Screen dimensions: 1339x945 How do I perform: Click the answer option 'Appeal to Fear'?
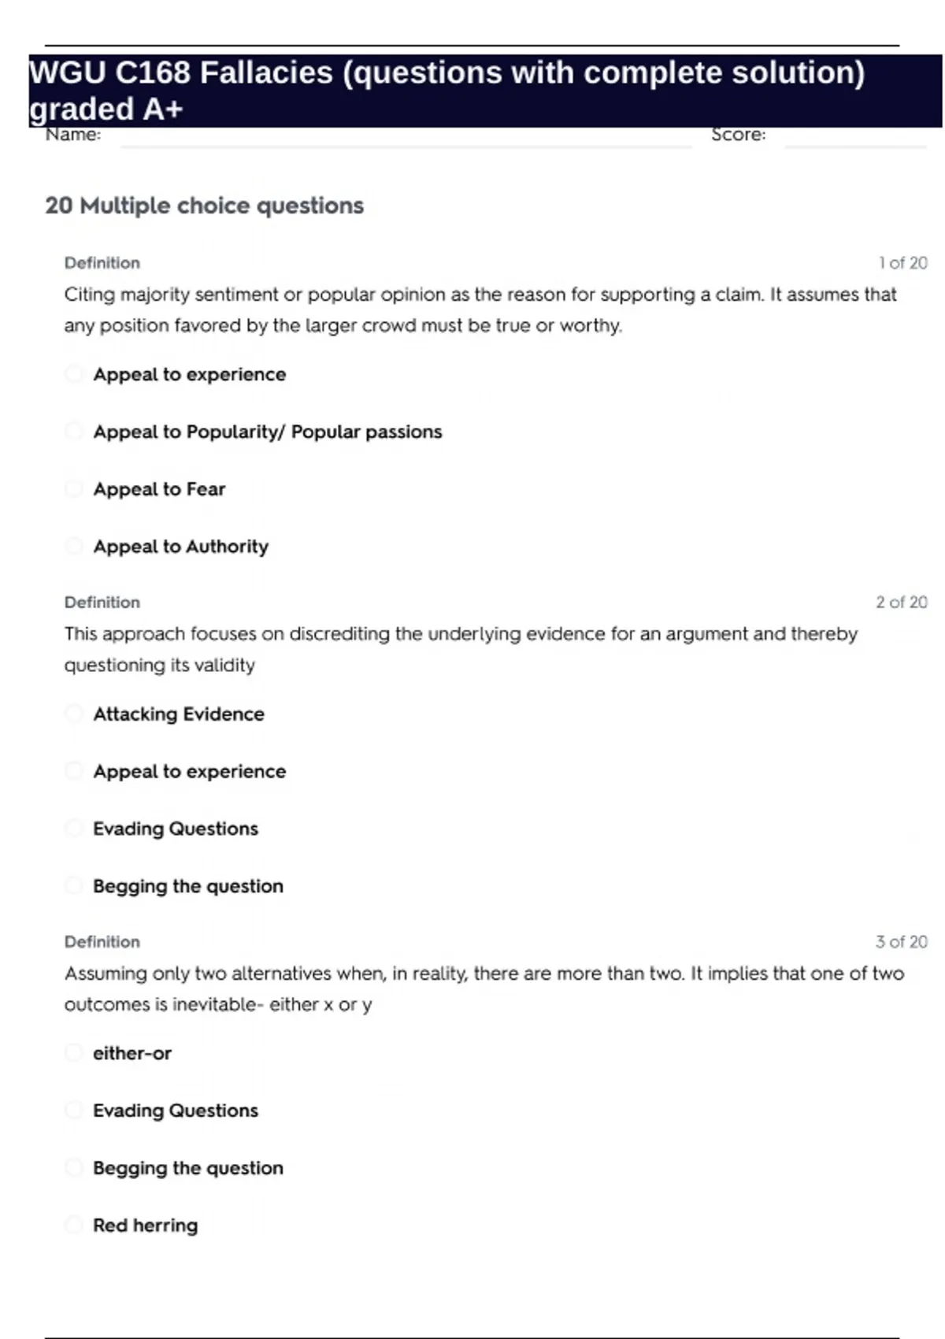(x=159, y=489)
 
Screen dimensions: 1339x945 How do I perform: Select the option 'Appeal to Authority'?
(x=180, y=547)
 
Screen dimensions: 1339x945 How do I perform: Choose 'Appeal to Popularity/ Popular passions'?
(x=267, y=432)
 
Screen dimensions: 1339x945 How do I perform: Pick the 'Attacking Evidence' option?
(x=178, y=714)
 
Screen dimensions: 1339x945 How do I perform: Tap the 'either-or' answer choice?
(x=132, y=1053)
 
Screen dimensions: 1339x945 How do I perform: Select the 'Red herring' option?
(x=145, y=1226)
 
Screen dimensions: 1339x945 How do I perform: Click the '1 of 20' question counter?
(x=902, y=263)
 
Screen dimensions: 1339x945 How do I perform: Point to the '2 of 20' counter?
(x=901, y=603)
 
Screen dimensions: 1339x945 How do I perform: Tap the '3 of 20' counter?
(x=901, y=942)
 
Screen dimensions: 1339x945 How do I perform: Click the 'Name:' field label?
(x=73, y=135)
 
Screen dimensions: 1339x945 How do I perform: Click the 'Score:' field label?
(x=738, y=135)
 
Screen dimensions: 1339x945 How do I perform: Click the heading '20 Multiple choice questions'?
(x=204, y=206)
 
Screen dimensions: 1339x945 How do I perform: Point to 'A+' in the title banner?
(x=163, y=109)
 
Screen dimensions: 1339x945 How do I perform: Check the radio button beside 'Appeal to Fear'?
(x=74, y=489)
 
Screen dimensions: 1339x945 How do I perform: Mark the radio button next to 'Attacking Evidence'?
(x=74, y=714)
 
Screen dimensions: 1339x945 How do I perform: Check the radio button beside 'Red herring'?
(x=74, y=1225)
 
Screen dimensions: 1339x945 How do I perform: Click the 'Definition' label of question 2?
(x=102, y=603)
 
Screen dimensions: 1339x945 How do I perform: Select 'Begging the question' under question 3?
(x=187, y=1168)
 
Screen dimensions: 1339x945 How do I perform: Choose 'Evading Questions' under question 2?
(x=175, y=829)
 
